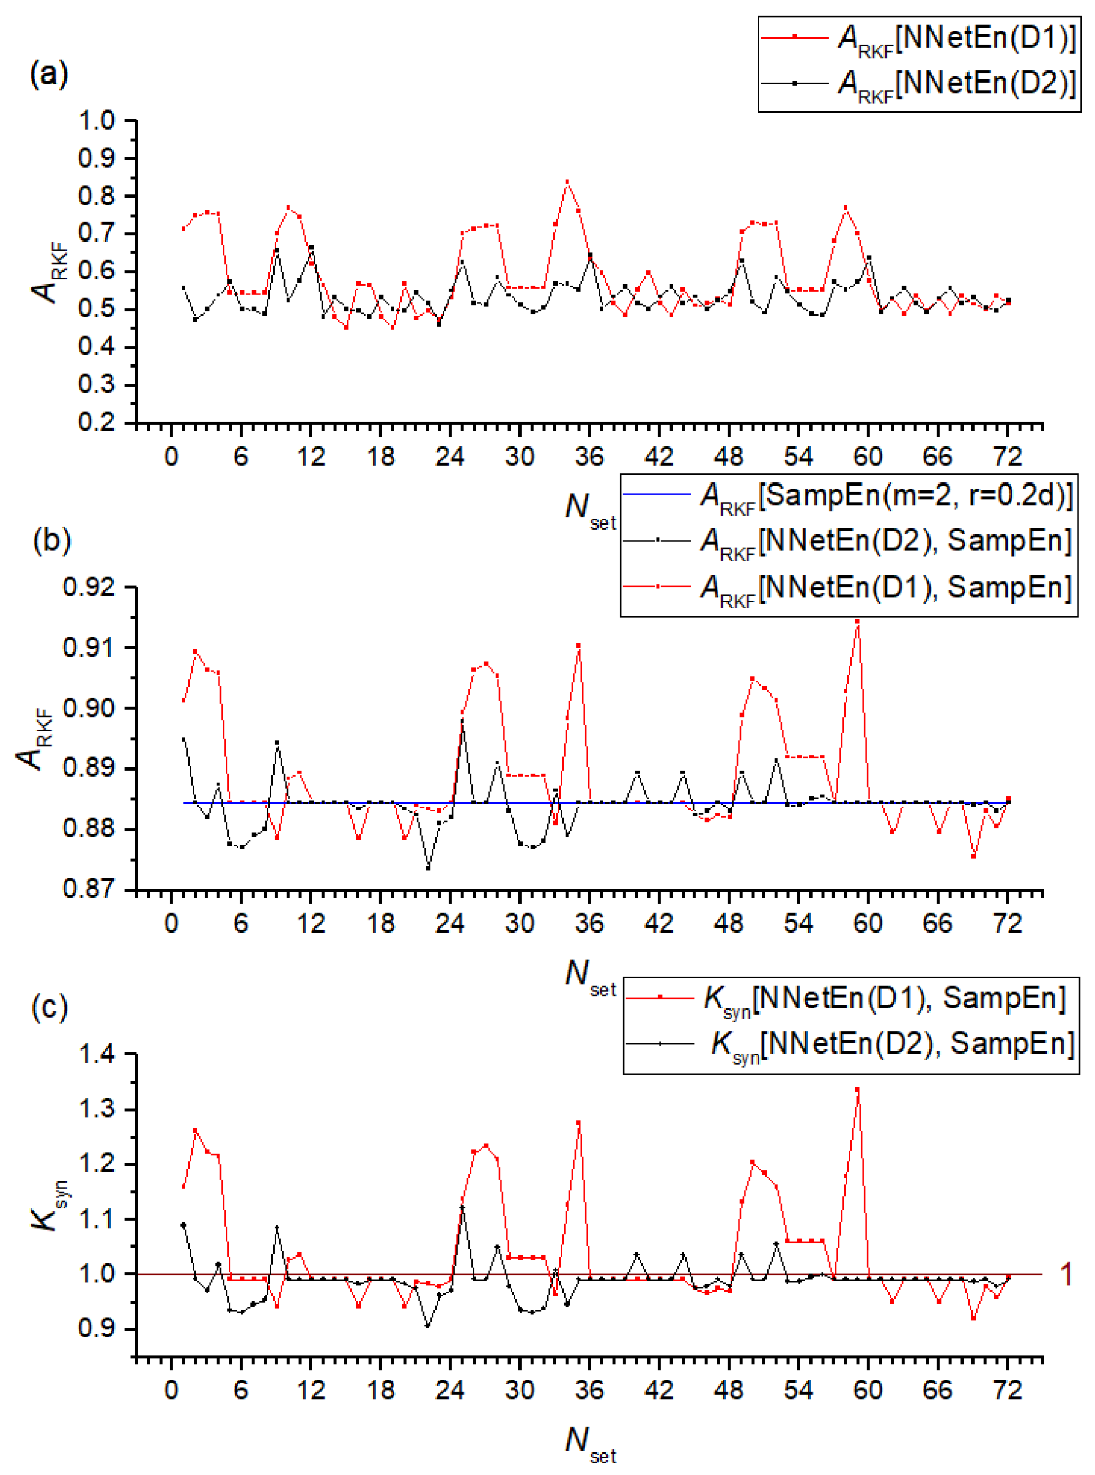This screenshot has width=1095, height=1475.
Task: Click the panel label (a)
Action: [x=48, y=73]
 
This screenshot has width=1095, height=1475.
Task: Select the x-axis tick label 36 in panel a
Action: [x=589, y=456]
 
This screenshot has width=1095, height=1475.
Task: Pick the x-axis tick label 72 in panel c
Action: [x=1007, y=1389]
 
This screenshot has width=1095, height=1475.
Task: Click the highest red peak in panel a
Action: [x=567, y=182]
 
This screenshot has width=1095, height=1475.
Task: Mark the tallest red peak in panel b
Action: [x=857, y=621]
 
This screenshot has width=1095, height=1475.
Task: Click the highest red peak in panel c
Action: [x=857, y=1089]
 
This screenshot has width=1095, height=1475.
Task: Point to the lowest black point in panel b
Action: [x=427, y=868]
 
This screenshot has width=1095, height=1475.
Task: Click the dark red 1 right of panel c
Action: [x=1066, y=1274]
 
